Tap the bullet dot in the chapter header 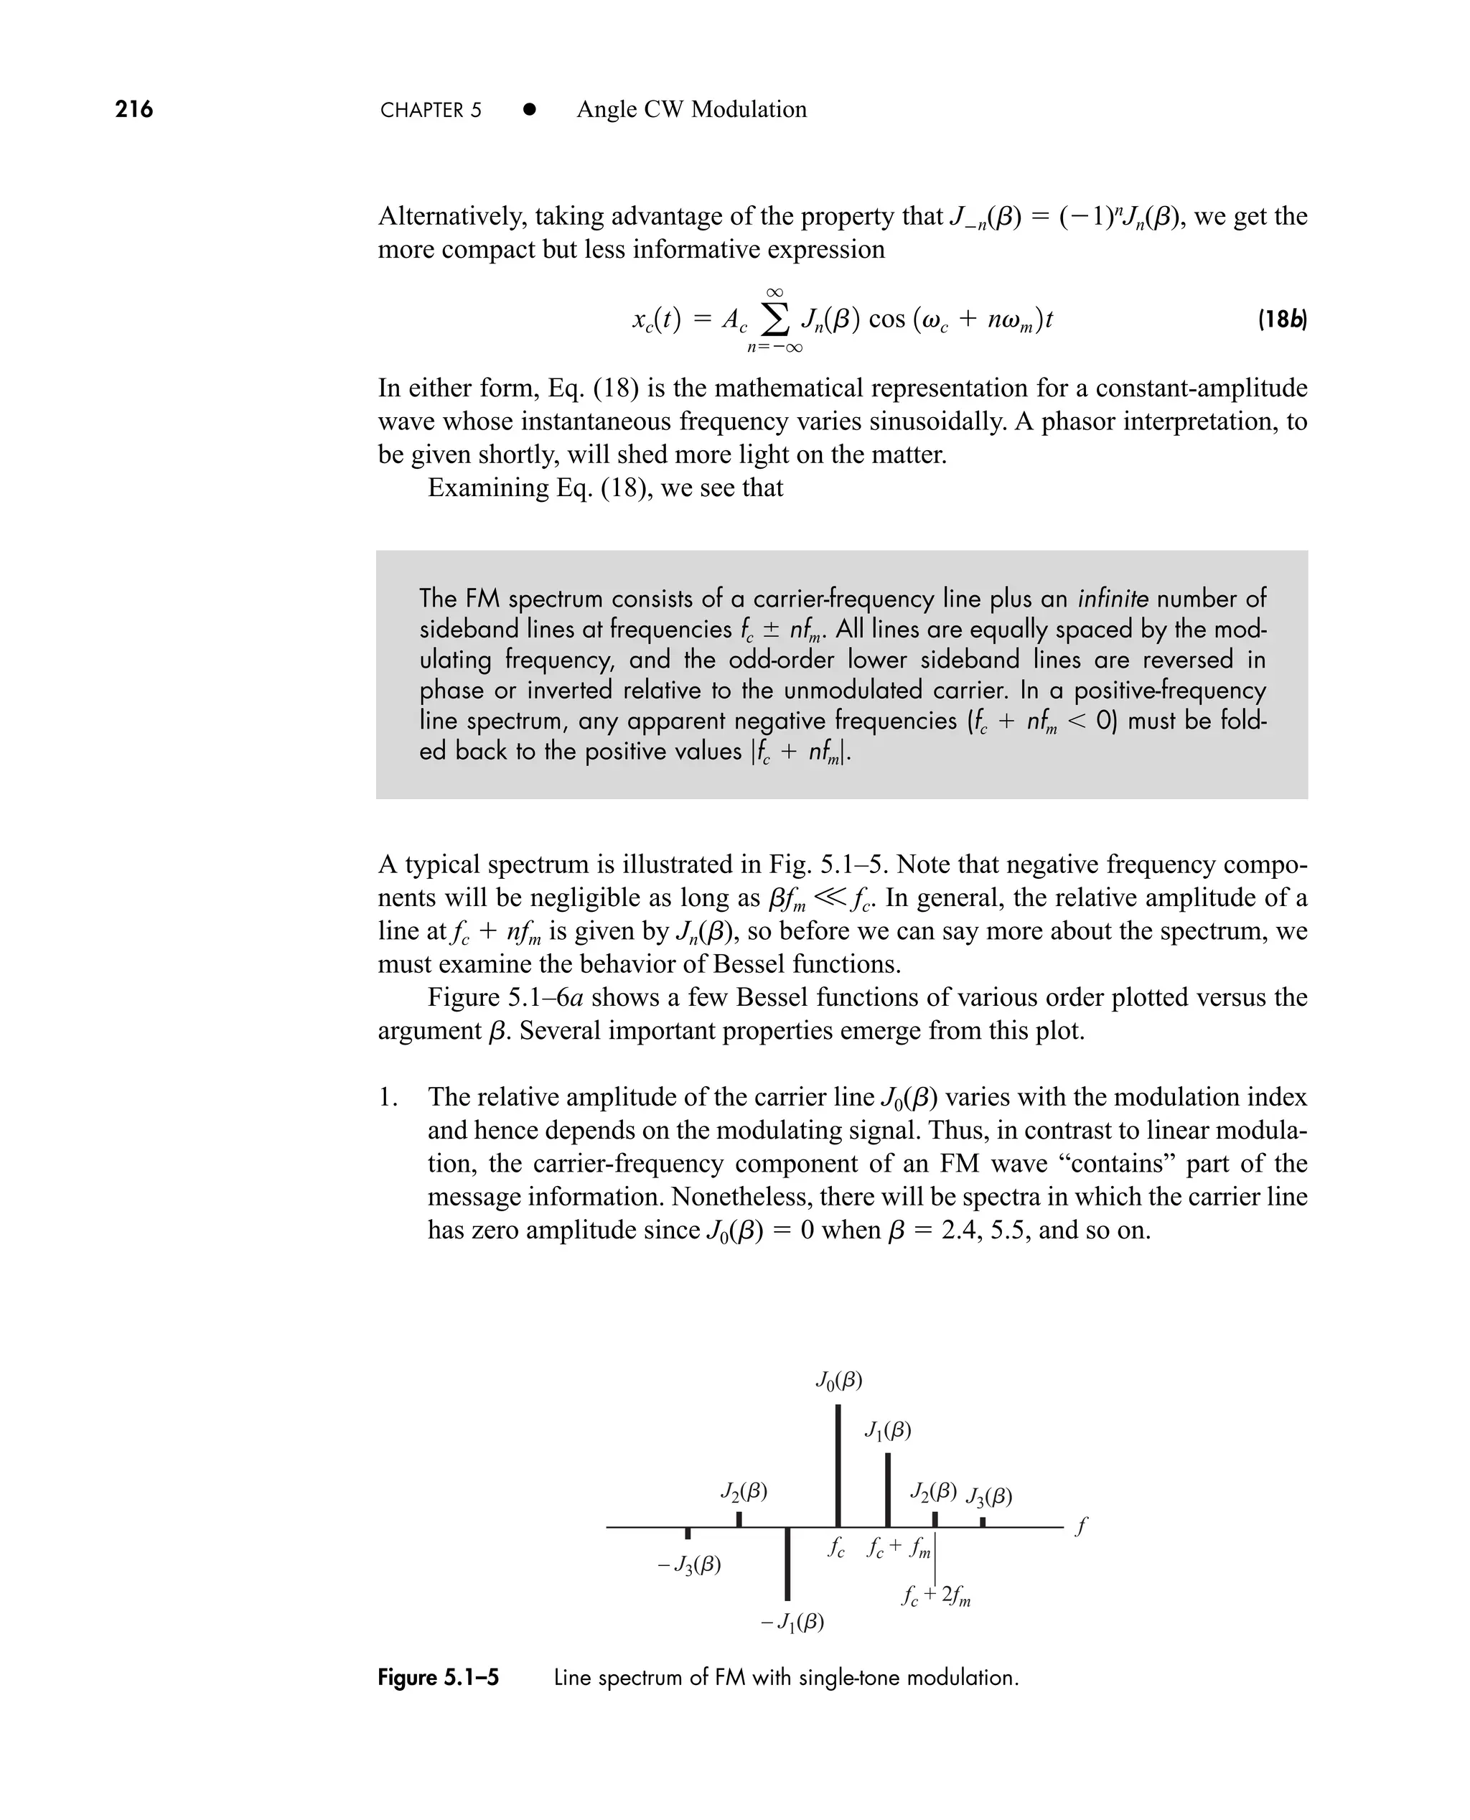tap(530, 109)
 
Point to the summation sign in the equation tap(774, 319)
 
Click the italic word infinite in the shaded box tap(1113, 599)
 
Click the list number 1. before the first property tap(388, 1098)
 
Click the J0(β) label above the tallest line tap(838, 1381)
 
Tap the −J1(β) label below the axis tap(792, 1622)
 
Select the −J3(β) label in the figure tap(689, 1565)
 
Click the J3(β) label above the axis tap(989, 1496)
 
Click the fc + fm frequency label tap(899, 1548)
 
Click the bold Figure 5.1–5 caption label tap(438, 1678)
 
